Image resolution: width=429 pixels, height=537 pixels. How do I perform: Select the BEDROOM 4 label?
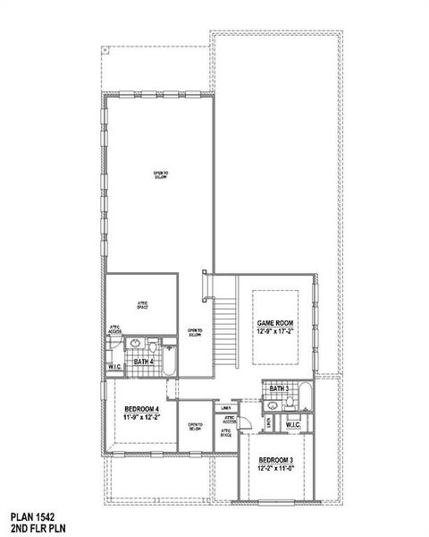[x=141, y=408]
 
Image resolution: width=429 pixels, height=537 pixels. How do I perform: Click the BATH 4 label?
[x=143, y=362]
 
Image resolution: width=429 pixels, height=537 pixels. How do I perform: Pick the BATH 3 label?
[x=277, y=389]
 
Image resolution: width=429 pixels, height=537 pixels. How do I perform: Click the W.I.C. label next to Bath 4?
[x=116, y=366]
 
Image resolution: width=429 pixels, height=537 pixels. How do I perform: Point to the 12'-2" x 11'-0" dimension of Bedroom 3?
[x=275, y=469]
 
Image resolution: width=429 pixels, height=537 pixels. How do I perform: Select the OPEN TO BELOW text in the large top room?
[x=161, y=175]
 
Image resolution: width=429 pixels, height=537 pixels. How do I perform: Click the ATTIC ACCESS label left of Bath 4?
[x=115, y=328]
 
